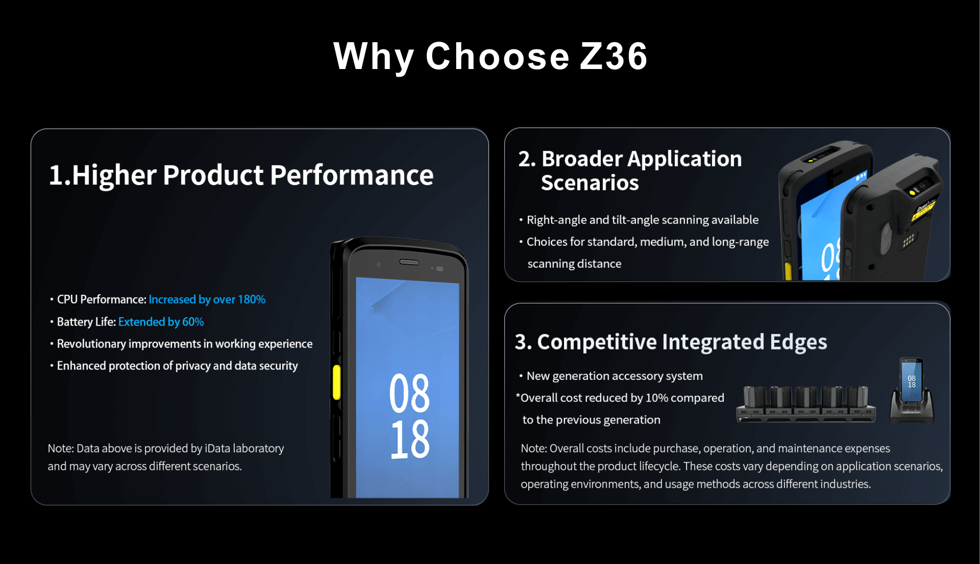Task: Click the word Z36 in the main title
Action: (x=614, y=56)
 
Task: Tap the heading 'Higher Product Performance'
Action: (x=253, y=175)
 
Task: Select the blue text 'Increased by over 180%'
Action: (x=207, y=299)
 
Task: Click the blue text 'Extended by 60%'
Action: (x=161, y=322)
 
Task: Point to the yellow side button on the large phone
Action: (x=337, y=382)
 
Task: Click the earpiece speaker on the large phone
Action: (x=409, y=262)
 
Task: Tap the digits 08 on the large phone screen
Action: (x=410, y=393)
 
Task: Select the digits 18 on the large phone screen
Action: (x=410, y=439)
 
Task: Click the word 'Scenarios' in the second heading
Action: (x=590, y=183)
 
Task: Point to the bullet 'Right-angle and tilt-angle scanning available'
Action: (x=642, y=220)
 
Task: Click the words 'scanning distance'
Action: (x=574, y=263)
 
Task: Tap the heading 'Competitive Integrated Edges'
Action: (x=682, y=342)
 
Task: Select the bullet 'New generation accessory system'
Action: (x=614, y=376)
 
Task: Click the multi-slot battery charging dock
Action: (x=806, y=404)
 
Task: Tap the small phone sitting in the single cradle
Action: (x=911, y=381)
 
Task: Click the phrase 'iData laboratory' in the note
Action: (x=244, y=448)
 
